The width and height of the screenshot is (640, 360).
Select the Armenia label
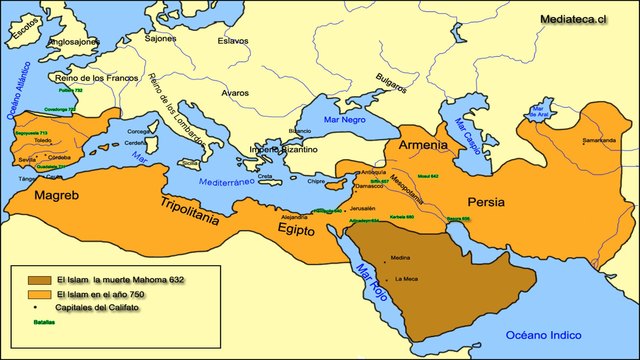423,145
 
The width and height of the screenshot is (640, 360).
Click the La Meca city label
406,278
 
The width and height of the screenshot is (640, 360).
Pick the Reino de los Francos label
95,78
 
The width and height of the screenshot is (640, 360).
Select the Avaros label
235,93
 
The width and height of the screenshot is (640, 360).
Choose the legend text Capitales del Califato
98,309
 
